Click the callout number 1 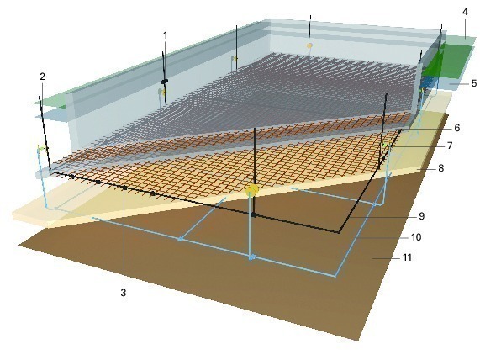click(166, 36)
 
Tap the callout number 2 click(43, 77)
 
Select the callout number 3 click(124, 293)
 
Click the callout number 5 click(474, 83)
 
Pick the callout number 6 click(457, 128)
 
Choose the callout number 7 click(450, 146)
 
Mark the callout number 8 click(440, 168)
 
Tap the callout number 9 click(422, 216)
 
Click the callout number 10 click(416, 237)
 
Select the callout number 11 click(407, 257)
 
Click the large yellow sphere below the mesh click(252, 190)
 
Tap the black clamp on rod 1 click(165, 82)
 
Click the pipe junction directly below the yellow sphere click(251, 257)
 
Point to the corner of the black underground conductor click(339, 232)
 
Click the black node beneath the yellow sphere click(254, 215)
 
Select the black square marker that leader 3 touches click(125, 188)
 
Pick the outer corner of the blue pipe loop click(335, 277)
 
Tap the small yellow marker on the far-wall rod click(309, 45)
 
